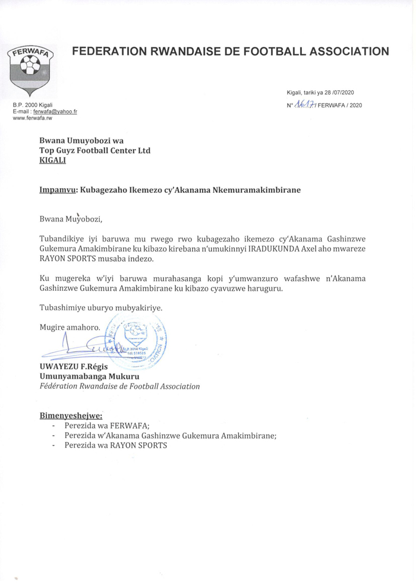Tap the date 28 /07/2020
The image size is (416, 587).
(335, 92)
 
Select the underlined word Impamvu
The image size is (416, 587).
(57, 190)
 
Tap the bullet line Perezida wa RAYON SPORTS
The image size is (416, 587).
(116, 445)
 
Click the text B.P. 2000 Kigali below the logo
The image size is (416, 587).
(33, 105)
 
